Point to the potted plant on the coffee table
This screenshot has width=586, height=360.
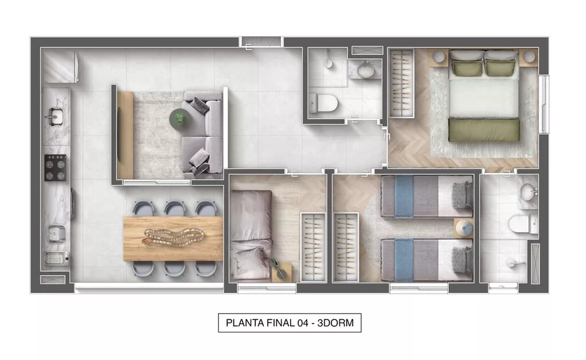point(179,118)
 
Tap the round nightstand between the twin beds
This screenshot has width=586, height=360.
point(464,226)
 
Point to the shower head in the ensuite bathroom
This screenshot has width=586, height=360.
point(508,262)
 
